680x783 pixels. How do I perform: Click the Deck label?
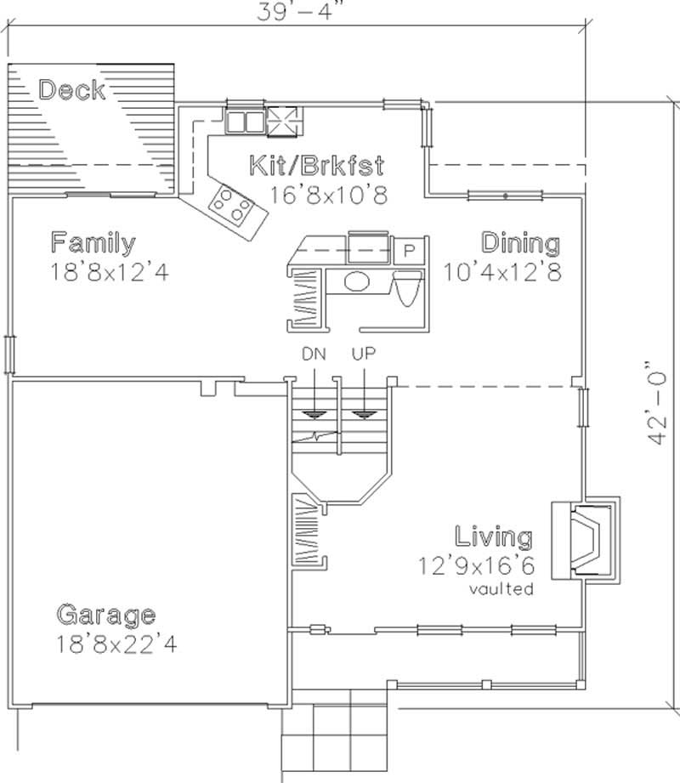(72, 89)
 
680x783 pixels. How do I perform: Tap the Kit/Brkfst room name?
(316, 165)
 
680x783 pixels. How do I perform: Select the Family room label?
(92, 243)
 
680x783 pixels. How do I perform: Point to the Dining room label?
(521, 243)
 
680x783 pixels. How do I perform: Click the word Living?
(493, 537)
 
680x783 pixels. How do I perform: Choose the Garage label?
(105, 614)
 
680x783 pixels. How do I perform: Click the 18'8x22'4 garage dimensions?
(116, 644)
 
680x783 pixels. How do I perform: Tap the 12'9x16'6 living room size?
(476, 565)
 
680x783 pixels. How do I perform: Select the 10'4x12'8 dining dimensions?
(501, 273)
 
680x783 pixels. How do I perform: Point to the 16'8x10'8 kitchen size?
(328, 195)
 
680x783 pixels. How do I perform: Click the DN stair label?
(314, 353)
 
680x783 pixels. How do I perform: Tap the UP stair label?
(363, 353)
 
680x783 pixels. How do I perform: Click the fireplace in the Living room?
(586, 539)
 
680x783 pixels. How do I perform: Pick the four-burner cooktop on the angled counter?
(232, 204)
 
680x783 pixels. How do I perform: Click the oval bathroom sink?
(358, 281)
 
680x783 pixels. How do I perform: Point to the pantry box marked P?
(408, 251)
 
